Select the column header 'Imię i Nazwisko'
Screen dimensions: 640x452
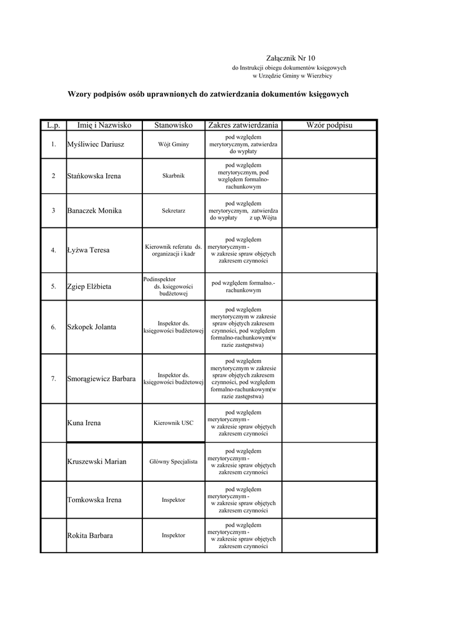pyautogui.click(x=104, y=126)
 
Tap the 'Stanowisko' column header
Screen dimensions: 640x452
pyautogui.click(x=174, y=126)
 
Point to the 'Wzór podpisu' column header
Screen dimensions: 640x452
pyautogui.click(x=329, y=126)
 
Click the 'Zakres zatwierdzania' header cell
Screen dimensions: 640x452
pyautogui.click(x=243, y=126)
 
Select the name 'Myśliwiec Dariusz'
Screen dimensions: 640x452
pyautogui.click(x=96, y=144)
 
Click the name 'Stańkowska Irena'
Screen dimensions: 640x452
pyautogui.click(x=94, y=176)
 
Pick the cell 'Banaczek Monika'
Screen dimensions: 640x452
pyautogui.click(x=94, y=211)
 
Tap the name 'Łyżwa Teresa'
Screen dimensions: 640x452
pyautogui.click(x=88, y=250)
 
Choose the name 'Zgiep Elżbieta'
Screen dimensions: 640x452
pyautogui.click(x=89, y=286)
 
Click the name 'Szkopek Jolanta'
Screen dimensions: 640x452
pyautogui.click(x=91, y=327)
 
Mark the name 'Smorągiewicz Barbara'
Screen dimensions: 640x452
pyautogui.click(x=101, y=378)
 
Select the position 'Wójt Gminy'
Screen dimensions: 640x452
pyautogui.click(x=174, y=144)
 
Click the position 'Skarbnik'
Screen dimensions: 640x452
pyautogui.click(x=174, y=176)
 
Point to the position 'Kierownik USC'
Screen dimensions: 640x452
pyautogui.click(x=174, y=423)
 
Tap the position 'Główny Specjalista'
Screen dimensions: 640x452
pyautogui.click(x=174, y=461)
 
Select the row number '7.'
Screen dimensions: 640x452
pyautogui.click(x=54, y=378)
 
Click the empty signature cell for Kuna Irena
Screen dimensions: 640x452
pyautogui.click(x=329, y=423)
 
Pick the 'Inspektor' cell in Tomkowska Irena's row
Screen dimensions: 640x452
pyautogui.click(x=174, y=500)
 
